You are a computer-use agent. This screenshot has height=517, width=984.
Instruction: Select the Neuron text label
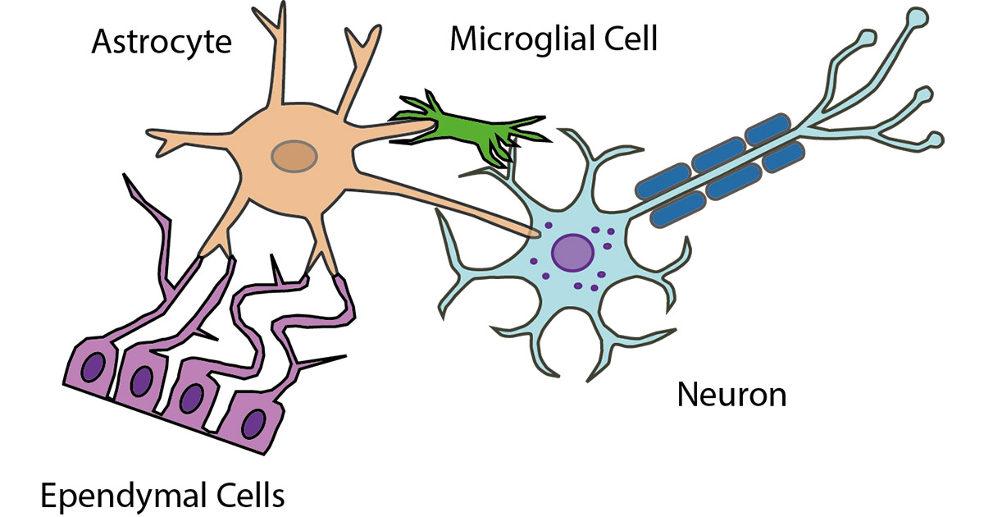pos(731,396)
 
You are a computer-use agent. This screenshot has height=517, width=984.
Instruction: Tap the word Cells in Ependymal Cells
pos(247,496)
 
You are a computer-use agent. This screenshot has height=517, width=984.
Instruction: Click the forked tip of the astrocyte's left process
pos(158,141)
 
